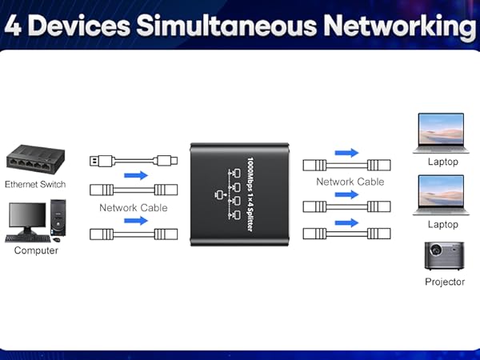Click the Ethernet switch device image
point(34,158)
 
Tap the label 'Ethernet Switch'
point(34,184)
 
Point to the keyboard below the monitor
point(26,238)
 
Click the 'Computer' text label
point(36,250)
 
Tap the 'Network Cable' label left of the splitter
point(133,208)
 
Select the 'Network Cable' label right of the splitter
point(350,182)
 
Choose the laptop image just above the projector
point(440,197)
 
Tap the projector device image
point(443,256)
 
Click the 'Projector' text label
point(444,282)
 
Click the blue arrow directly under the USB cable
point(136,174)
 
